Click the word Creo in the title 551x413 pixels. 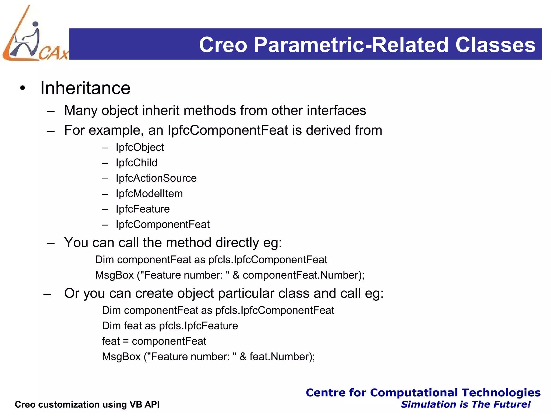223,45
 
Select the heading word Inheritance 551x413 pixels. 85,88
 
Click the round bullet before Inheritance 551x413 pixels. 23,88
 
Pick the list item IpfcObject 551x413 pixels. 140,147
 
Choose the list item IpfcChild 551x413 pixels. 136,163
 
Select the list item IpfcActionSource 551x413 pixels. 156,178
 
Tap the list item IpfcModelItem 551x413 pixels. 149,194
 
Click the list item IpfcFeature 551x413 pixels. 143,209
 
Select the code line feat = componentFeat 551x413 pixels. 154,341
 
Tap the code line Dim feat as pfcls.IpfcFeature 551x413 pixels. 170,326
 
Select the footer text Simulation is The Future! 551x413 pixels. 465,404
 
